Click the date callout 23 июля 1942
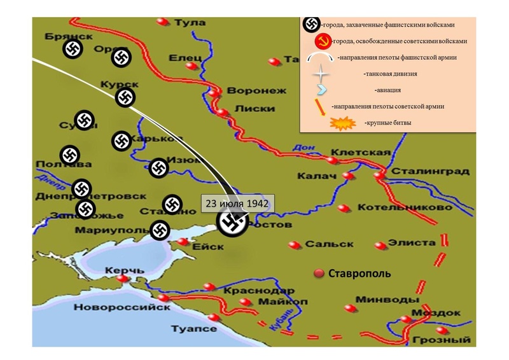point(237,204)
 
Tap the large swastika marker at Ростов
point(231,223)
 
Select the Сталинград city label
point(430,171)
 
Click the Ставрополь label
point(359,274)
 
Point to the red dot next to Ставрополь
point(319,273)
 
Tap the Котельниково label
point(405,207)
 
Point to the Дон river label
point(303,149)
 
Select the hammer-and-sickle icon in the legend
point(324,41)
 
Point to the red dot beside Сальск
point(293,244)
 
